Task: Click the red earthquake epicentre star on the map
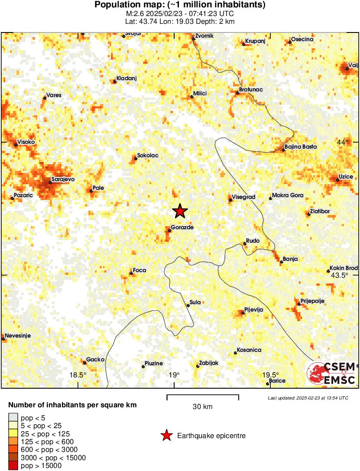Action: (180, 211)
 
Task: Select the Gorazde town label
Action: (182, 227)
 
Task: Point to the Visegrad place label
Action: (244, 197)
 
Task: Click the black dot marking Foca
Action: (131, 273)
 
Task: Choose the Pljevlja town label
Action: (253, 309)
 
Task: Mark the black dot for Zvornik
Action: (194, 39)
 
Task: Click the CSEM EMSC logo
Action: (331, 374)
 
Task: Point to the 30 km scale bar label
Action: (202, 407)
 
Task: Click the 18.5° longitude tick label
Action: (78, 375)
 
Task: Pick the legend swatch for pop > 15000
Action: (13, 466)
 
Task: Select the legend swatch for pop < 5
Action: (13, 418)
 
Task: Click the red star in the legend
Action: (166, 435)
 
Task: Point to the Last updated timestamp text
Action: (308, 398)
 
